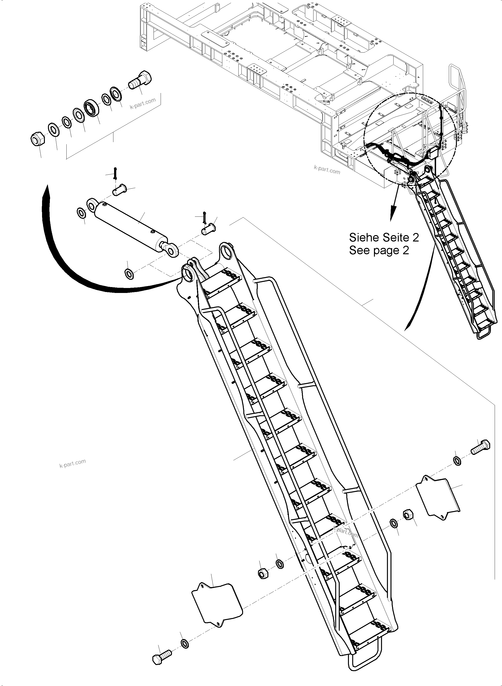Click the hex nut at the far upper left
(38, 139)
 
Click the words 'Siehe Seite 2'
(384, 237)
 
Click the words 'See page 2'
(379, 250)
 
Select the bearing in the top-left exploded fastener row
(91, 107)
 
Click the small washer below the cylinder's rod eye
(129, 274)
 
